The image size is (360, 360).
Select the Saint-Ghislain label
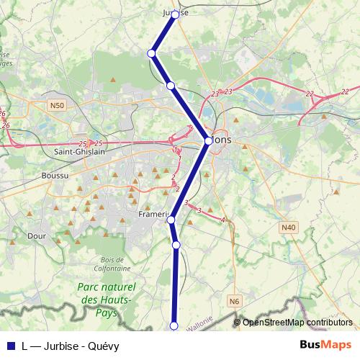80,151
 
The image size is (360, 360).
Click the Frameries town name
153,215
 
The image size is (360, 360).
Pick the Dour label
36,235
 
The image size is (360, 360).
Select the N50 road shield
58,106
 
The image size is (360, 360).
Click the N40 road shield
288,228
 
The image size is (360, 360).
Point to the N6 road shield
234,301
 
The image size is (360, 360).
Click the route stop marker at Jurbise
175,14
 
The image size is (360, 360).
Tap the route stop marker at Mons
208,141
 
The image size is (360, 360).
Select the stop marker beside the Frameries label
171,220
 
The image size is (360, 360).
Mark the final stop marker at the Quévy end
174,326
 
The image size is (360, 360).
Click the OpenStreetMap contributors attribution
297,323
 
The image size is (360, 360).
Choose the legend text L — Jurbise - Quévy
71,346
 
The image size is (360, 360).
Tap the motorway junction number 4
223,220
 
